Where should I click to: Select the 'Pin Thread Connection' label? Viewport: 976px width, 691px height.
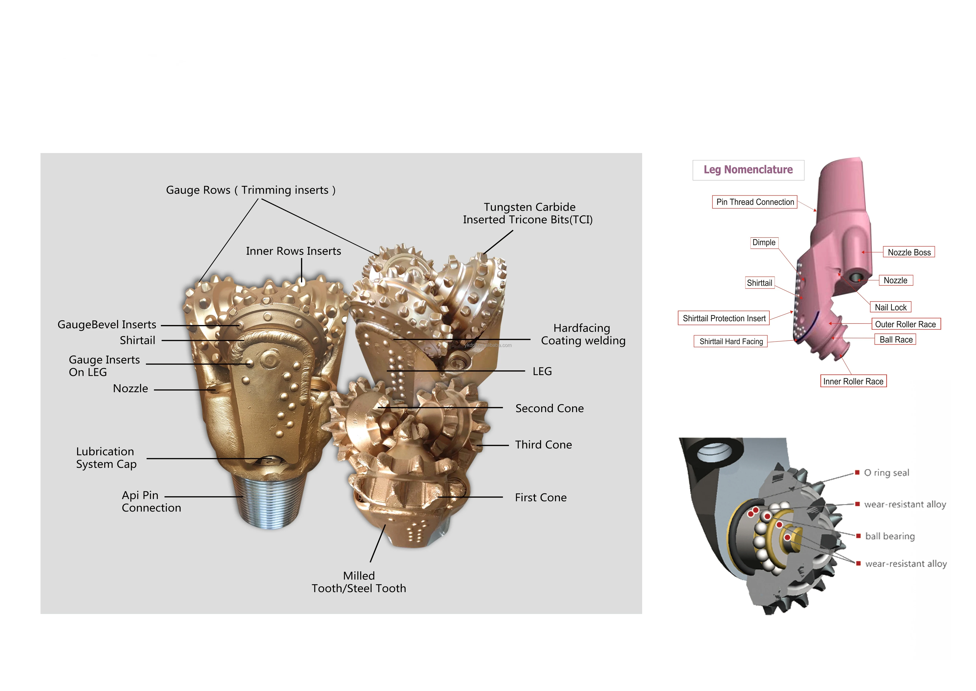pyautogui.click(x=755, y=202)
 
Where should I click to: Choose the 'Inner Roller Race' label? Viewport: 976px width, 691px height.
pyautogui.click(x=853, y=381)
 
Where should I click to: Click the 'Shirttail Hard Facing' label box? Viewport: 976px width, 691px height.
pyautogui.click(x=731, y=341)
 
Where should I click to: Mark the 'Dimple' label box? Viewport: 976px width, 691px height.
pyautogui.click(x=764, y=242)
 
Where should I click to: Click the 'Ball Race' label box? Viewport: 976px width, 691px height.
pyautogui.click(x=896, y=340)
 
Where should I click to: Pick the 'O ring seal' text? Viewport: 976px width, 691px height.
pyautogui.click(x=887, y=473)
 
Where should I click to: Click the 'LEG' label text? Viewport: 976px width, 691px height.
pyautogui.click(x=542, y=372)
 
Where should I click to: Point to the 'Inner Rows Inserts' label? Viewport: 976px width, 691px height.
pyautogui.click(x=293, y=251)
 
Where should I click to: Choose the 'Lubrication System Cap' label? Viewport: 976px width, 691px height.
pyautogui.click(x=106, y=458)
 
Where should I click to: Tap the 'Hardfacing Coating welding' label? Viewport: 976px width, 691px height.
pyautogui.click(x=583, y=334)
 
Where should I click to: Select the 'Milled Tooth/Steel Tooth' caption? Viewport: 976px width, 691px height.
pyautogui.click(x=359, y=582)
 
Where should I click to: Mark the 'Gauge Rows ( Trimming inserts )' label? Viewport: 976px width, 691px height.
pyautogui.click(x=251, y=190)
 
